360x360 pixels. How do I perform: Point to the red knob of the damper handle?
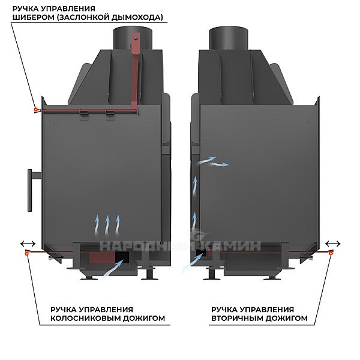pos(36,110)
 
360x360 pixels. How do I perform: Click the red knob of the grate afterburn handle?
pos(27,253)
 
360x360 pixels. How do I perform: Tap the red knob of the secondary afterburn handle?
pos(331,253)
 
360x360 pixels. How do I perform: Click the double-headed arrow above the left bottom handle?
pos(28,244)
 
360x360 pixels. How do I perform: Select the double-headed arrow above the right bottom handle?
pos(333,244)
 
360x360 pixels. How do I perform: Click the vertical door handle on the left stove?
pos(30,190)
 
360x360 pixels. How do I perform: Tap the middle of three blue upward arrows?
pos(107,226)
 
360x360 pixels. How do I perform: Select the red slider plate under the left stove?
pos(102,257)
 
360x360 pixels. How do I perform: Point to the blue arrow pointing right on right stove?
pos(219,164)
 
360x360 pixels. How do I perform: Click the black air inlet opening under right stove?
pos(201,253)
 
